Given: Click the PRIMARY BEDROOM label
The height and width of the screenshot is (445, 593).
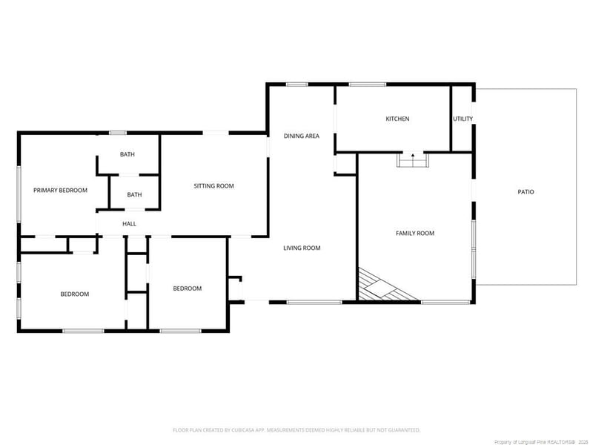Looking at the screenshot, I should [x=60, y=191].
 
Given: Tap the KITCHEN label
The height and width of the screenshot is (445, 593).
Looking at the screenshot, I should [x=397, y=119].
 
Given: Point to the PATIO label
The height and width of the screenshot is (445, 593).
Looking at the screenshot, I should [x=526, y=192].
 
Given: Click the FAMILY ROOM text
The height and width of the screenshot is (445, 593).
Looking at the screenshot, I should [x=414, y=234].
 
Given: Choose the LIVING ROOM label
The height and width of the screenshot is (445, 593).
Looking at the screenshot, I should [x=302, y=248].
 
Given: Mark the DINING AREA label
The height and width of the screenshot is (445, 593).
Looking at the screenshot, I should [x=302, y=136].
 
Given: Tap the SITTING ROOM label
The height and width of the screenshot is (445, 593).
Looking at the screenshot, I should [x=213, y=186].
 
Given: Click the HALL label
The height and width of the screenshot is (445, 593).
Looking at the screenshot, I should [x=129, y=224].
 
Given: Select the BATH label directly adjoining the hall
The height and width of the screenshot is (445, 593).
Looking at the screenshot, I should [x=134, y=195].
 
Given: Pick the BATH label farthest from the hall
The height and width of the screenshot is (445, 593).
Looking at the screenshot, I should [x=127, y=155].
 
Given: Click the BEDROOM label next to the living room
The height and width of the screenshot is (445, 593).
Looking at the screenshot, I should [x=187, y=289].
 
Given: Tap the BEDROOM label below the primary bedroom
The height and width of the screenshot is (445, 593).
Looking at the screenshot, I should [x=74, y=294].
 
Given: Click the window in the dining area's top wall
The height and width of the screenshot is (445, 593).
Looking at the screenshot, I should [x=297, y=85].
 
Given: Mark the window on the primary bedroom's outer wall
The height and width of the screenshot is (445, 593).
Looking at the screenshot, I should [x=19, y=193].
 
